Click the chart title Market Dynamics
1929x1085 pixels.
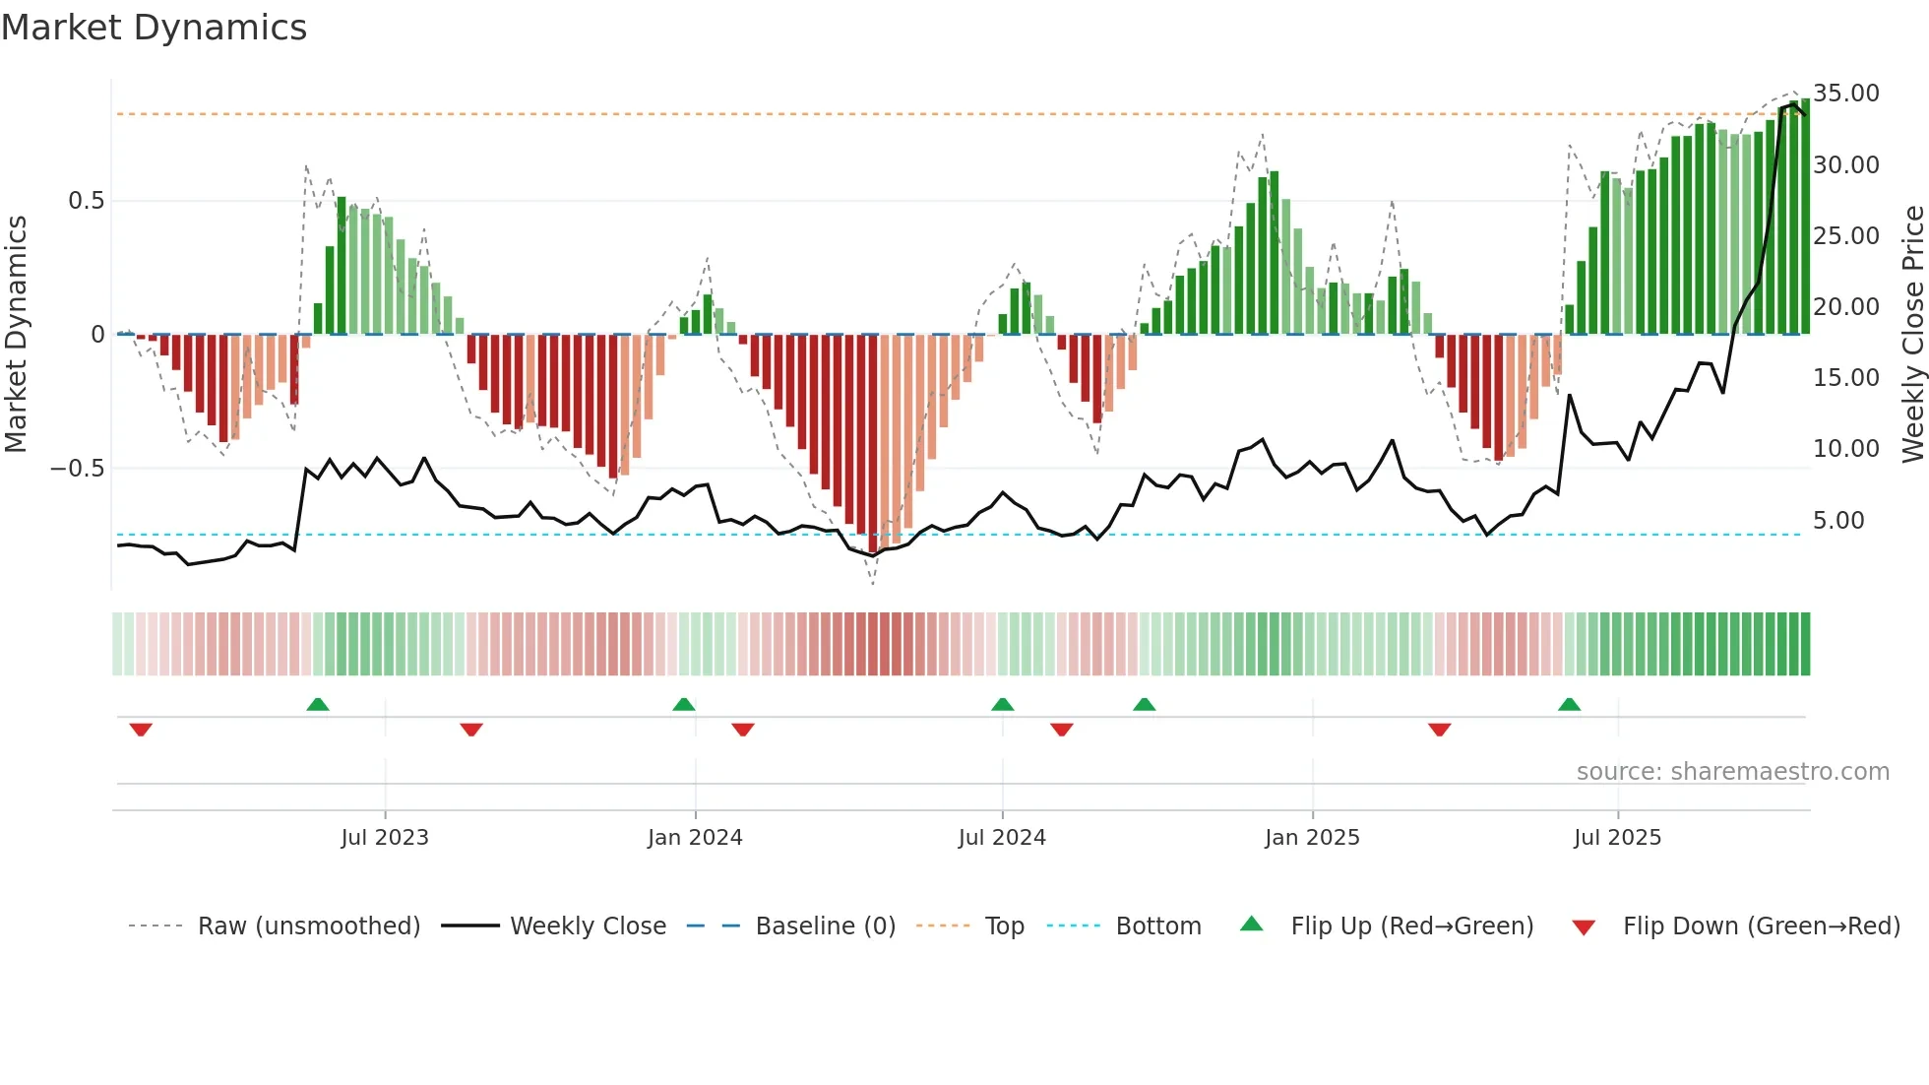[154, 28]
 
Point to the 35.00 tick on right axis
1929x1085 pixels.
[1845, 94]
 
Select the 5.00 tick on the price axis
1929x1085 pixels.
[1837, 520]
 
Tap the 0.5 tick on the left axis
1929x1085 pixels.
[86, 201]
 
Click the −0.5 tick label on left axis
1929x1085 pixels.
[77, 469]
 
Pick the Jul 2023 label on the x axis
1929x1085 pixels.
[385, 838]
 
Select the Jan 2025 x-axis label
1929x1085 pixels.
[1312, 838]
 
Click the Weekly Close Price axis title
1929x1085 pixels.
[1912, 335]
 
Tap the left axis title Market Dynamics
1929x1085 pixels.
[17, 335]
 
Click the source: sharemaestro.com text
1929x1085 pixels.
[1732, 772]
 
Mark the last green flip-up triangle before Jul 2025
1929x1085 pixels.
[1569, 704]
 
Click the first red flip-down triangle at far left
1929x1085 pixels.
[141, 730]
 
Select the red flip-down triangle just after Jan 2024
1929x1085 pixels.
[743, 730]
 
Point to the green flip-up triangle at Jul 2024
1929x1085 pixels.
[1002, 704]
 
